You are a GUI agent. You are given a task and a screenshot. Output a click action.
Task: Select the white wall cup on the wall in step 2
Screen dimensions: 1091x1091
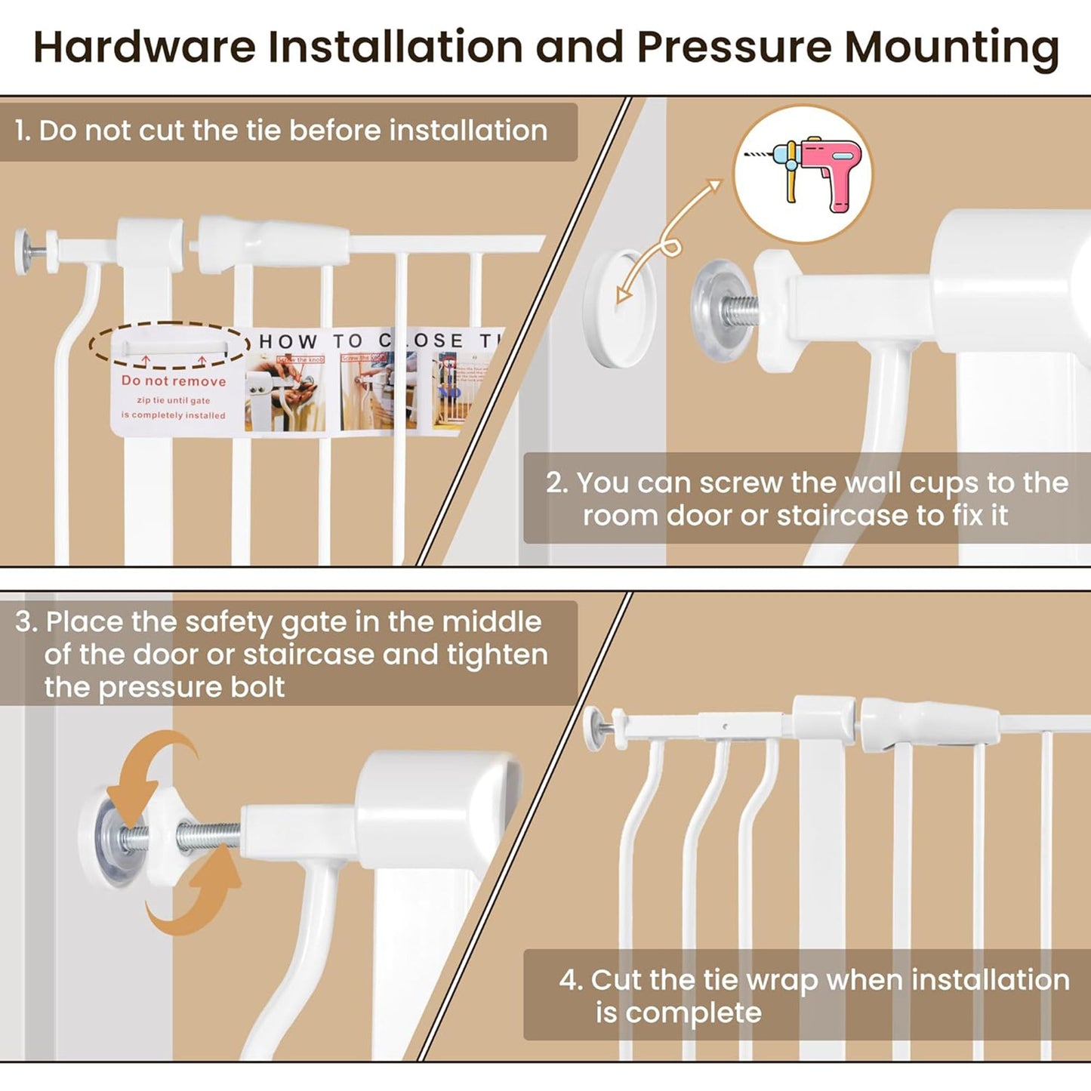tap(621, 309)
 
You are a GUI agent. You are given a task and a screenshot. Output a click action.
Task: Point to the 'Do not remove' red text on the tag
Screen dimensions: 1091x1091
tap(174, 381)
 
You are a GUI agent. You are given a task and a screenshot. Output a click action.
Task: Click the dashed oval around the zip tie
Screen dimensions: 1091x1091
tap(169, 345)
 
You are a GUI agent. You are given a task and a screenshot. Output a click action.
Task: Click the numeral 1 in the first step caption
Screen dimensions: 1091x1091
tap(21, 131)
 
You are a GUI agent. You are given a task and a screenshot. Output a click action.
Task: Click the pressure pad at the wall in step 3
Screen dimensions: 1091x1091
tap(113, 838)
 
